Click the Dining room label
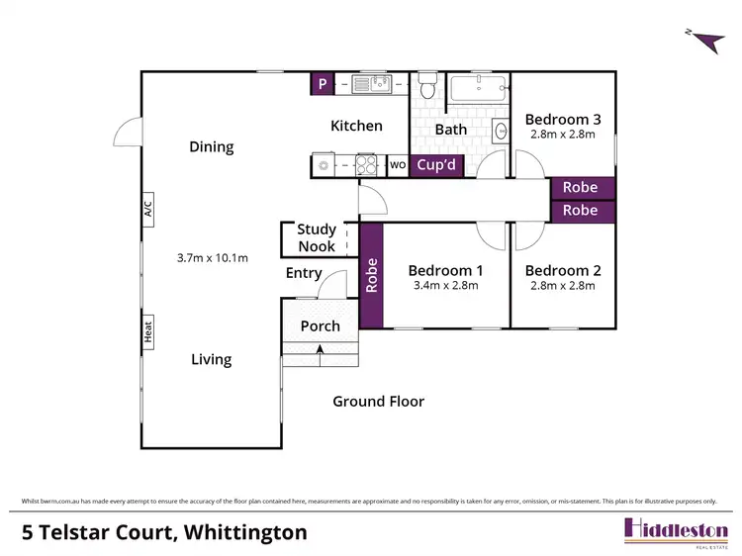[212, 146]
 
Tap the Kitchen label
[356, 126]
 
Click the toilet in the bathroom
[427, 89]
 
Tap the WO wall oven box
[398, 165]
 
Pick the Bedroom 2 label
[562, 270]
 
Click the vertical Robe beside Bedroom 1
[372, 276]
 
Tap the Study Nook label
[316, 238]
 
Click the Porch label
[320, 325]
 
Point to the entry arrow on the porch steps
[320, 347]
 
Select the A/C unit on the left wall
[148, 210]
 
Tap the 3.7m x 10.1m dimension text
[212, 258]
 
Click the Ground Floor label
[378, 401]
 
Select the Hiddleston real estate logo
[676, 529]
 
